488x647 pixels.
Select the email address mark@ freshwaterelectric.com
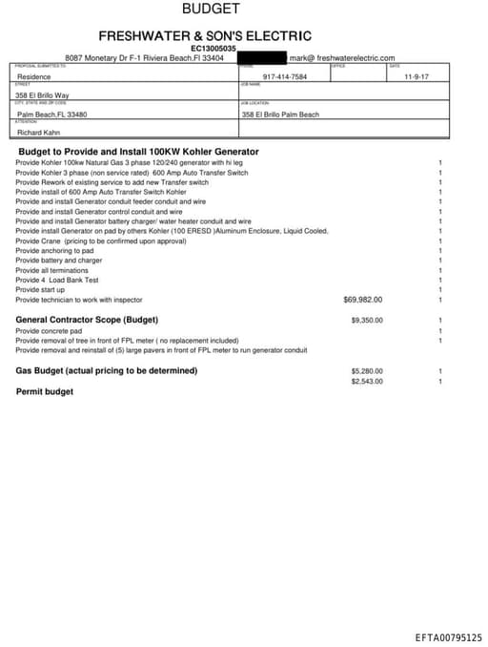(341, 58)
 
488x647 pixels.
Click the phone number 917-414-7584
(285, 76)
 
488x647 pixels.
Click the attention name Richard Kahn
(39, 133)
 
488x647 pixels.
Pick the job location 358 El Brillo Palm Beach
(282, 115)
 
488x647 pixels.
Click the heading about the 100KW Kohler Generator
(138, 152)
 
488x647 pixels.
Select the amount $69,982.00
(362, 300)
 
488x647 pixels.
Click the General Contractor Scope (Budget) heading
(87, 320)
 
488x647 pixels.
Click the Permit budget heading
(45, 391)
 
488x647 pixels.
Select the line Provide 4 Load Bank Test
(57, 281)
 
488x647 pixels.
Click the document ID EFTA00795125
(448, 637)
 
